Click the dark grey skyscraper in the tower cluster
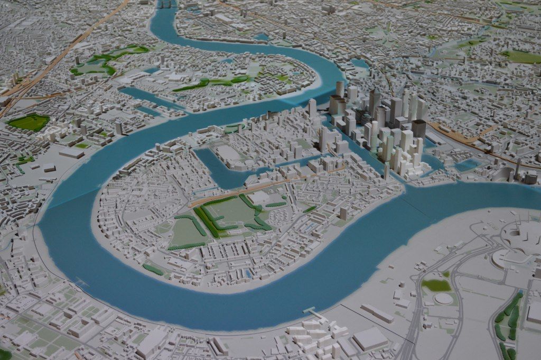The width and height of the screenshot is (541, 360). click(419, 128)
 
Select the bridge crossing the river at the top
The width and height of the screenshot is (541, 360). click(166, 4)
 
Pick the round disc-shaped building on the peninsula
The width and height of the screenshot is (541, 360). click(443, 299)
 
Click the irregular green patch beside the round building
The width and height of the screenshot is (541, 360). click(436, 285)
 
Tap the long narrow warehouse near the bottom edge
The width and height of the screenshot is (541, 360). click(377, 313)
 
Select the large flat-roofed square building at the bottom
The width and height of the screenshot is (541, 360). click(370, 339)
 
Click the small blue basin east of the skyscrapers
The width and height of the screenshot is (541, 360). click(467, 165)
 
